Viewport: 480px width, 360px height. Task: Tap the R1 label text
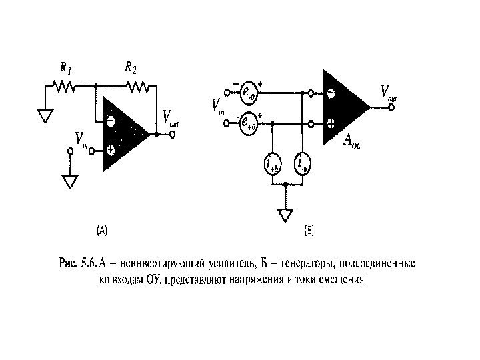pos(65,67)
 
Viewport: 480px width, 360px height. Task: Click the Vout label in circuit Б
pos(388,92)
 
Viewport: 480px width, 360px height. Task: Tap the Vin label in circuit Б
pos(217,106)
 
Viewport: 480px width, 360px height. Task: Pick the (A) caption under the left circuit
pos(102,231)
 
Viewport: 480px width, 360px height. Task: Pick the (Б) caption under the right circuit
pos(309,231)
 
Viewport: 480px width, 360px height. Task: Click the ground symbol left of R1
pos(45,116)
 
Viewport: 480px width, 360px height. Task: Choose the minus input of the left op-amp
pos(110,122)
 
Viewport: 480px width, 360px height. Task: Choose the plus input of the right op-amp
pos(331,123)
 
